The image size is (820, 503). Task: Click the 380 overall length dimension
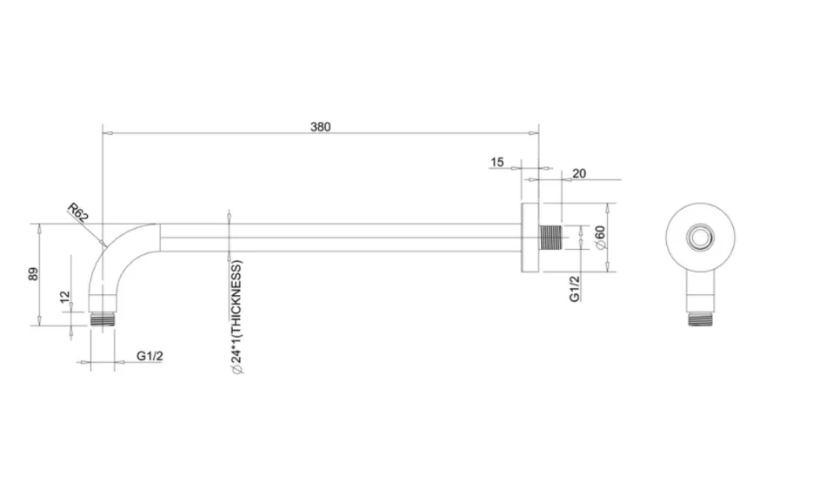tap(320, 126)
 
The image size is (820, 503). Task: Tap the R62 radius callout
tap(78, 211)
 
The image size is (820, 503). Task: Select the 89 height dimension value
tap(33, 274)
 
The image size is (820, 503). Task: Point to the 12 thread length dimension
tap(65, 297)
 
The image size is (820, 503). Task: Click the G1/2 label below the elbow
tap(150, 355)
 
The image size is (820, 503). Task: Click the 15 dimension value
tap(497, 162)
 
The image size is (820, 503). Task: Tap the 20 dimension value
tap(579, 173)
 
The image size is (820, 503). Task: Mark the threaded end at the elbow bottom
tap(103, 319)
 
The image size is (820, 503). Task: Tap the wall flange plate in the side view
tap(530, 238)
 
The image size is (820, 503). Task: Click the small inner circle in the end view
tap(699, 238)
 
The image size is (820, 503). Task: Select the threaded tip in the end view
tap(699, 319)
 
